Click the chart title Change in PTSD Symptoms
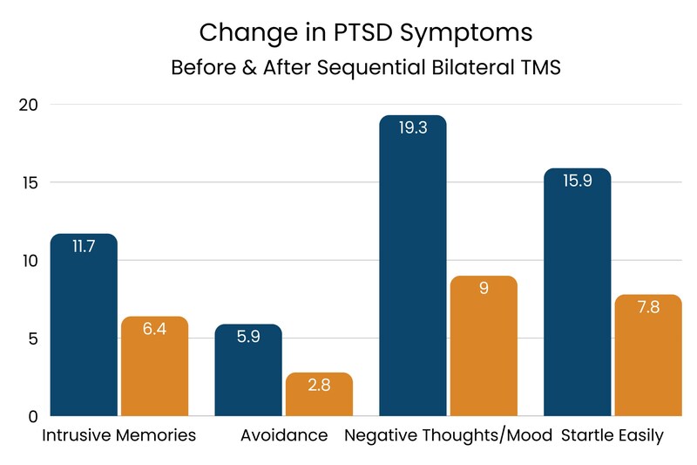365,32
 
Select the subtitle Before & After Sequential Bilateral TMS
365,67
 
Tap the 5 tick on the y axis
33,338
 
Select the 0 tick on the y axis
33,416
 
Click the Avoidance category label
284,435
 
